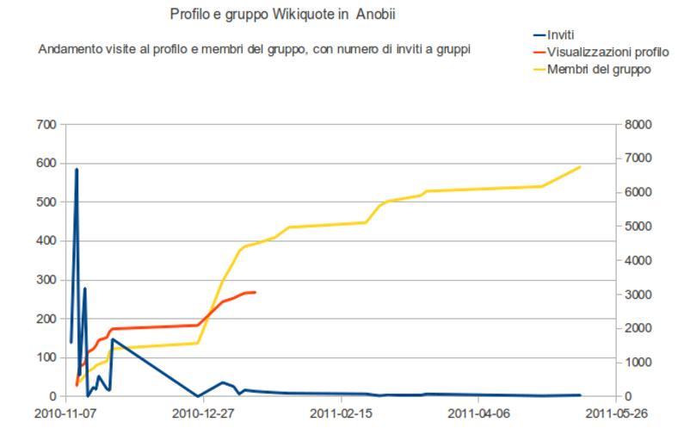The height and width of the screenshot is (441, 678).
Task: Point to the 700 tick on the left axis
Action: (x=46, y=125)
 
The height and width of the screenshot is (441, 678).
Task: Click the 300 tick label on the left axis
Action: (x=46, y=280)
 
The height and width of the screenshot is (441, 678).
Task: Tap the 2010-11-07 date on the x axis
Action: (x=66, y=413)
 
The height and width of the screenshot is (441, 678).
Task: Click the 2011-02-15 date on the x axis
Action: (x=342, y=413)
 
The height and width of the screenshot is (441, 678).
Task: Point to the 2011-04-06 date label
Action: (x=479, y=413)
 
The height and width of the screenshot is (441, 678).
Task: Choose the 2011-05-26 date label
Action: (x=616, y=413)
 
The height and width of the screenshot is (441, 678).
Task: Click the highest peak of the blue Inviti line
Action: (x=77, y=170)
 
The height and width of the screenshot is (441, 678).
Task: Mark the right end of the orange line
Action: (x=256, y=292)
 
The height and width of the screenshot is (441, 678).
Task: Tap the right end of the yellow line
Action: (x=581, y=167)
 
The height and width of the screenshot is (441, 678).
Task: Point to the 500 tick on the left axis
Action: (x=46, y=202)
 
